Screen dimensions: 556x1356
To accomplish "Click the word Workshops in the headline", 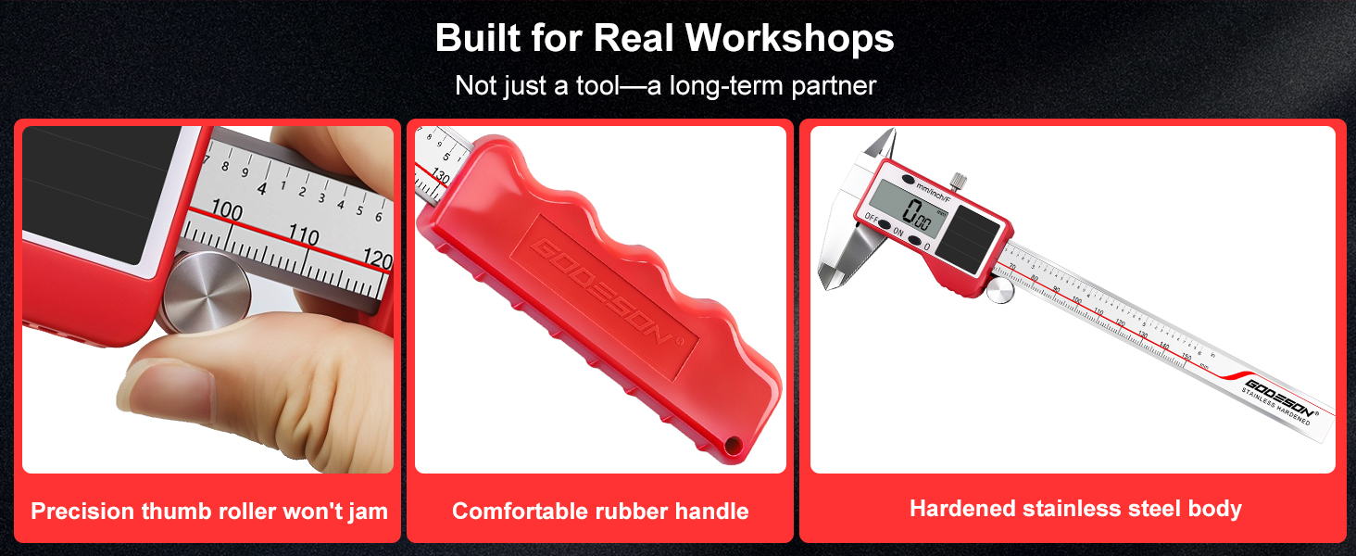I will click(x=790, y=38).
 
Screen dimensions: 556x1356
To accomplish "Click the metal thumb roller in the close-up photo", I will click(x=202, y=292).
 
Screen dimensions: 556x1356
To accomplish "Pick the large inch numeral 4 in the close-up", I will click(x=262, y=188).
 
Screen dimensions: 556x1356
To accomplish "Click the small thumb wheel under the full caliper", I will click(x=998, y=292).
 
